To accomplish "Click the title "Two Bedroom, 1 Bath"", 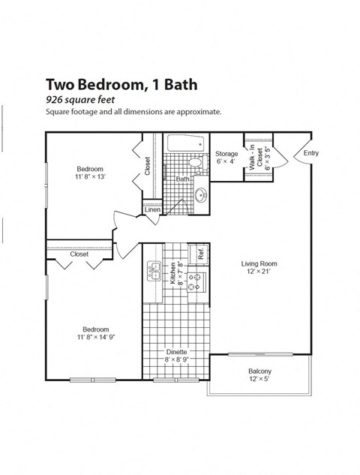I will [121, 84].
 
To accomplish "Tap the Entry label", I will [310, 154].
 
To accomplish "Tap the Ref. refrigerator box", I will [201, 254].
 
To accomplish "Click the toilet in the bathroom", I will [195, 162].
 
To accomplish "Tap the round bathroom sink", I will [201, 195].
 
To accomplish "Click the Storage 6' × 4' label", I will [226, 158].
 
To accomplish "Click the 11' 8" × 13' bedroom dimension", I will [89, 173].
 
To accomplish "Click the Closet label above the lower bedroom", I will [79, 254].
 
